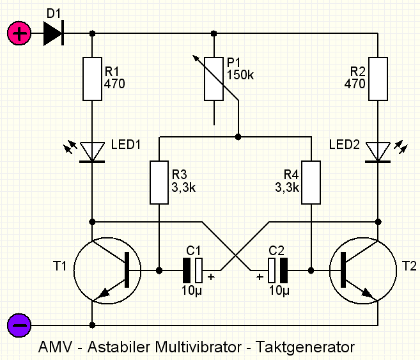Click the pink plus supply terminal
[19, 33]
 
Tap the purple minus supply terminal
[19, 325]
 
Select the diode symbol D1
[54, 33]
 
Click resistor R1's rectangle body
[92, 79]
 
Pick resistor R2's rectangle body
[378, 79]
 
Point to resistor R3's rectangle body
[159, 182]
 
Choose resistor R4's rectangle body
[311, 182]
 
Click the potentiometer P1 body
[214, 79]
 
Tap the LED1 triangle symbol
[92, 152]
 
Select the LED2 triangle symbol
[378, 152]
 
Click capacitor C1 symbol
[192, 270]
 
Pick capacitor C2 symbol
[278, 270]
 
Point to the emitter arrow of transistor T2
[366, 292]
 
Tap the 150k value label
[240, 75]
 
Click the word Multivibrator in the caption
[198, 347]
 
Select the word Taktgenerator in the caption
[305, 347]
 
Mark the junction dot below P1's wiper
[238, 137]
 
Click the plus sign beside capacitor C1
[211, 277]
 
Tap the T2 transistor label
[409, 266]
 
